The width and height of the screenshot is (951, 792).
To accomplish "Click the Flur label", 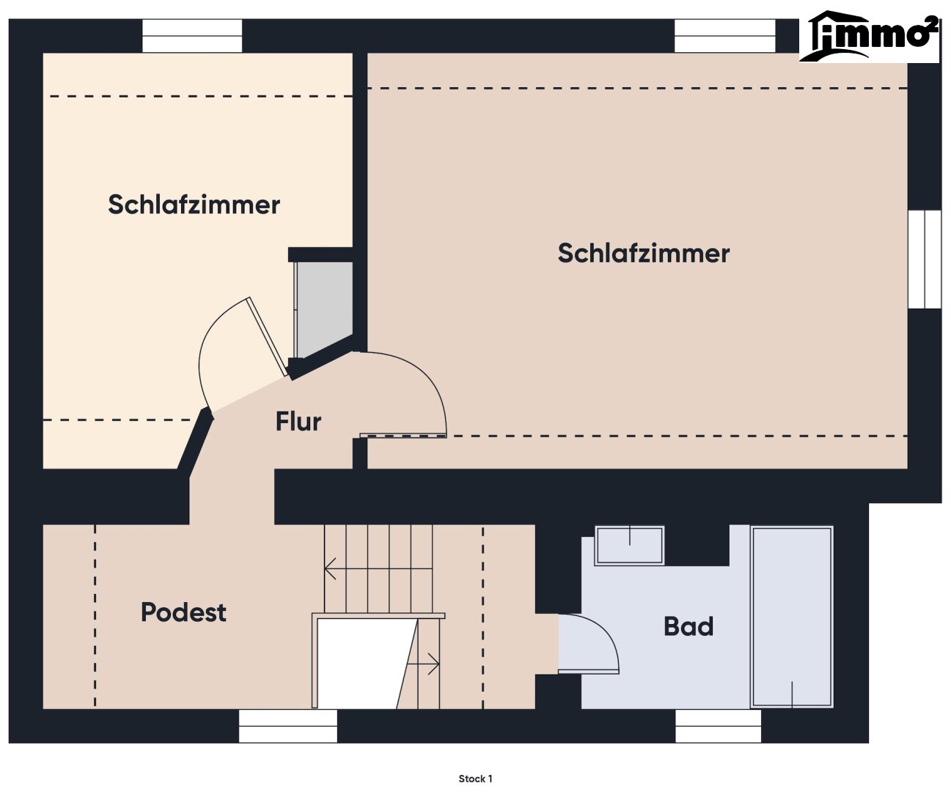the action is coord(298,421).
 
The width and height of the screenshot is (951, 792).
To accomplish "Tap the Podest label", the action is coord(183,612).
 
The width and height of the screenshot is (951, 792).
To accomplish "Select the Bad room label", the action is coord(689,626).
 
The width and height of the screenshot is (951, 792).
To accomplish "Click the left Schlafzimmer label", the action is coord(194,205).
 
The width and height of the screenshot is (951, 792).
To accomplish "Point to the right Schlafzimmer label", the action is coord(644,253).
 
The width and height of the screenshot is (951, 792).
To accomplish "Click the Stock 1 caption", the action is coord(475,779).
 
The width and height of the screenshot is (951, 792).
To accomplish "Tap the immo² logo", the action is coord(869,37).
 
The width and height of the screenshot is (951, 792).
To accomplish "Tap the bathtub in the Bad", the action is coord(792,617).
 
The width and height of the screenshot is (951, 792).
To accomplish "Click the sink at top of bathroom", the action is coord(629,546).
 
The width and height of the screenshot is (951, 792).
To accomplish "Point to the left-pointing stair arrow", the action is coord(378,568).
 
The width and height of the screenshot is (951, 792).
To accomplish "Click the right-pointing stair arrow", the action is coord(422,664).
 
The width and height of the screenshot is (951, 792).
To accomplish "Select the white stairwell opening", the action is coord(367,663).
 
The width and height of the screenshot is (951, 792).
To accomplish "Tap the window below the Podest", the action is coord(288,726).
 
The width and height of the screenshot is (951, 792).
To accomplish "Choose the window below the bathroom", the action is coord(719,726).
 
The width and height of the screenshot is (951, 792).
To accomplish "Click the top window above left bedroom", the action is coord(192,35).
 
